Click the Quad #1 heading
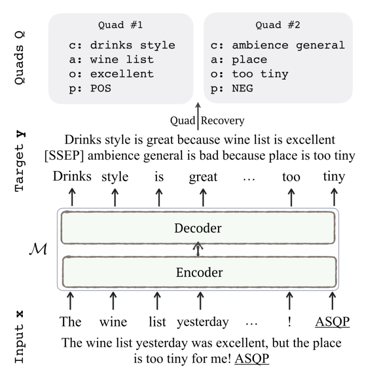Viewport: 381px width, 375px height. pos(121,26)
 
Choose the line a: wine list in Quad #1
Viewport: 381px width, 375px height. pos(111,60)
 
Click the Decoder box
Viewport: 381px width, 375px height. pos(198,228)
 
